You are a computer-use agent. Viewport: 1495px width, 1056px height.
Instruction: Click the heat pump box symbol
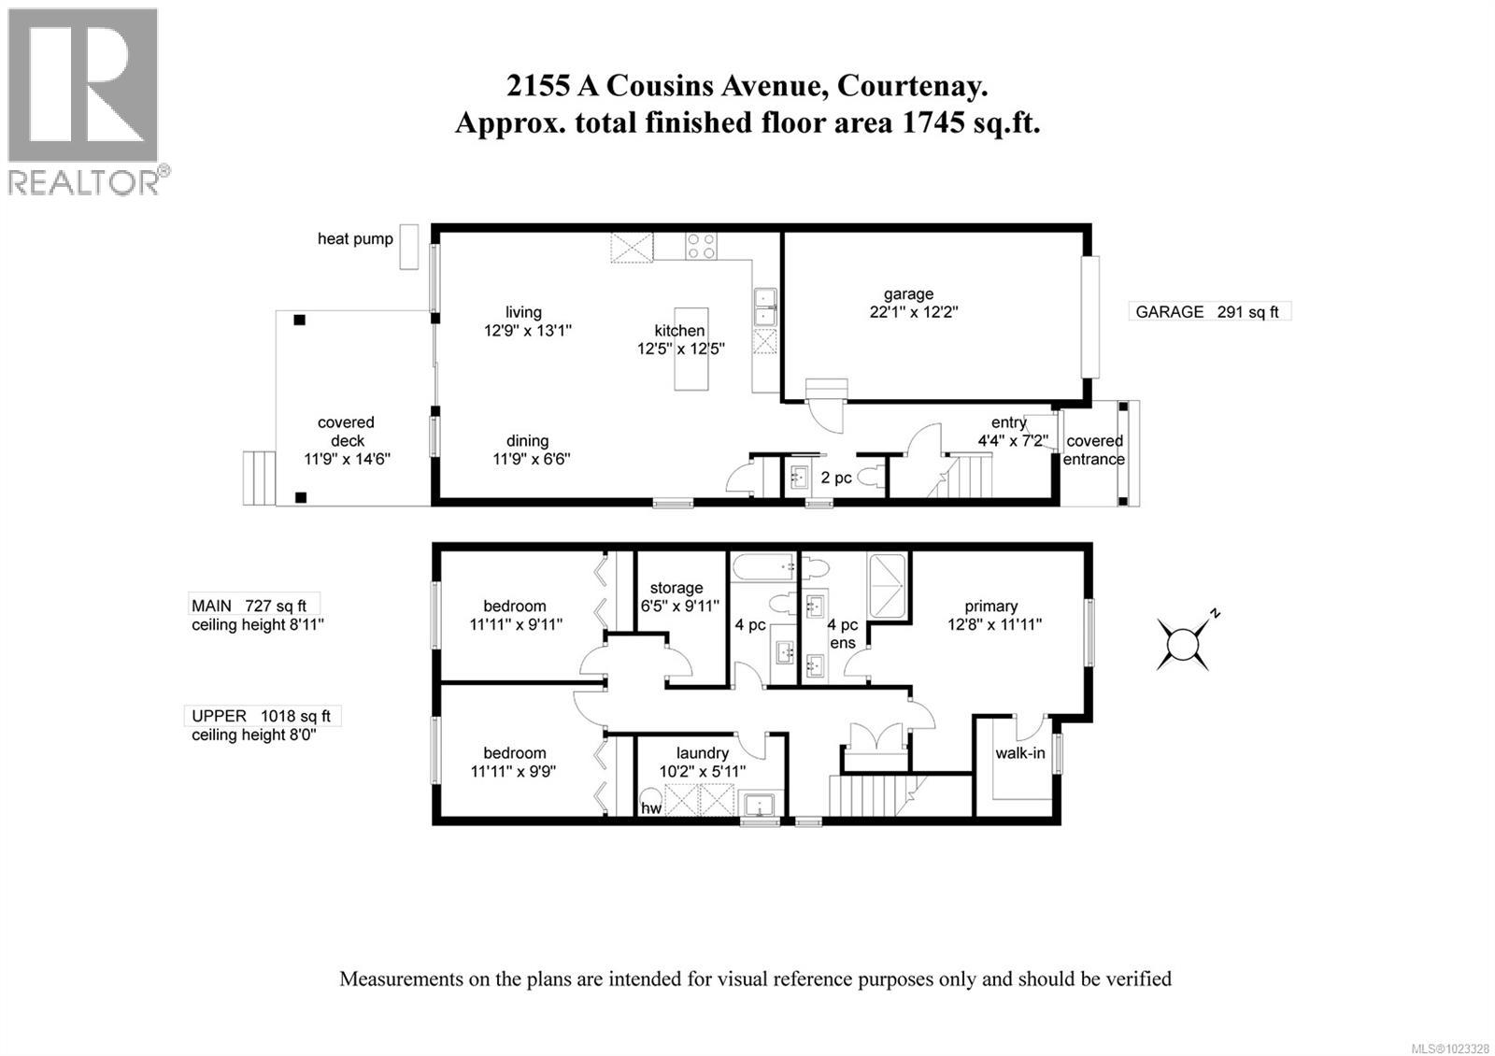pos(408,247)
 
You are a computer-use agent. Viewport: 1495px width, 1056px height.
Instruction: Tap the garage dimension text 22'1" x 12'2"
pos(914,312)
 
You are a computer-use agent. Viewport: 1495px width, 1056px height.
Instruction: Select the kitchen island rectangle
pos(691,350)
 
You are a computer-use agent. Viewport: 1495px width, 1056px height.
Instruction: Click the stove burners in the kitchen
pos(701,247)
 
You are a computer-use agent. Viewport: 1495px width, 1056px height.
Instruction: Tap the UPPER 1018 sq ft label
pos(262,716)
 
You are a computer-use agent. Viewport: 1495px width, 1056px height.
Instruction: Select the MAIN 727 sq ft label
pos(249,606)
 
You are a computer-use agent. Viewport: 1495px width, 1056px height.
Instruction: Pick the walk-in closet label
pos(1019,752)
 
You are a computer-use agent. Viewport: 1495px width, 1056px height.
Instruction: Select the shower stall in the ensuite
pos(887,586)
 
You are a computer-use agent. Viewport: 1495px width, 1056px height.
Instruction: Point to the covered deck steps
pos(259,478)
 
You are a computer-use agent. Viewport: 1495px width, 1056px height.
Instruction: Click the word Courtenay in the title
pos(912,86)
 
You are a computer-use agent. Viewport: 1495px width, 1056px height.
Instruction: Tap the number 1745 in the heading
pos(932,122)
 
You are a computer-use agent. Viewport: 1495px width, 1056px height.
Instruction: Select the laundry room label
pos(702,753)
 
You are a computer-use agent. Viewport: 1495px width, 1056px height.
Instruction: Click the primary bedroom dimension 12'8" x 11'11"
pos(994,624)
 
